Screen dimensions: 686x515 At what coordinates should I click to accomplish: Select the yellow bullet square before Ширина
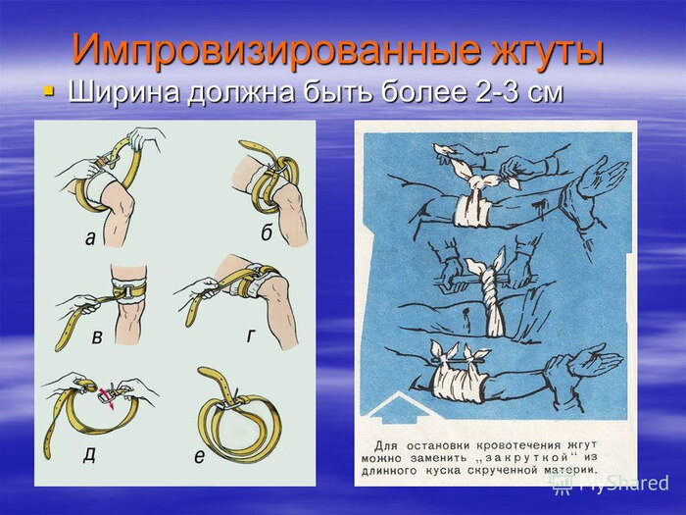pyautogui.click(x=49, y=91)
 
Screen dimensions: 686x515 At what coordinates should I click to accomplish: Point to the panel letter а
pyautogui.click(x=90, y=238)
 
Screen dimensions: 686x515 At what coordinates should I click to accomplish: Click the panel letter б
pyautogui.click(x=267, y=232)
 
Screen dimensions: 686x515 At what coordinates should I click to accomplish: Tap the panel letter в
pyautogui.click(x=97, y=337)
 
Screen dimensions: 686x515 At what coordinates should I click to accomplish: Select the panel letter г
pyautogui.click(x=250, y=335)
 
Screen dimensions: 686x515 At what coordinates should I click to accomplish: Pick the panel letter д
pyautogui.click(x=89, y=456)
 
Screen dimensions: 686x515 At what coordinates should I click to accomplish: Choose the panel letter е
pyautogui.click(x=199, y=456)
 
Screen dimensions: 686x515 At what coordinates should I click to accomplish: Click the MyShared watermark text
pyautogui.click(x=624, y=484)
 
